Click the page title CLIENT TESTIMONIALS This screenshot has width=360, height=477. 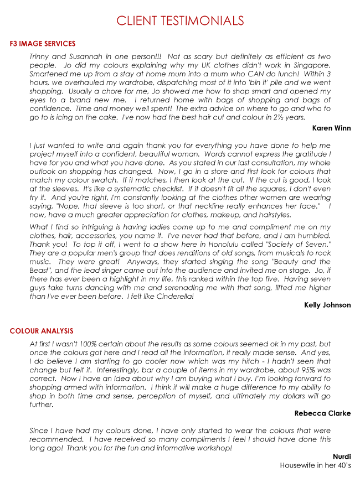click(x=180, y=21)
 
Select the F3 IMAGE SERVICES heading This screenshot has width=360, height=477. click(x=43, y=44)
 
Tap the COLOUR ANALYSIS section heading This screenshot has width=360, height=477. click(x=41, y=331)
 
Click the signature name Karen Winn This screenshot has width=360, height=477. click(x=331, y=128)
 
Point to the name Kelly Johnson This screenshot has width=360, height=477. click(x=327, y=305)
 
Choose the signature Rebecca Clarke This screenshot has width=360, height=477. click(x=322, y=413)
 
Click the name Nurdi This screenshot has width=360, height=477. click(x=341, y=456)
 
